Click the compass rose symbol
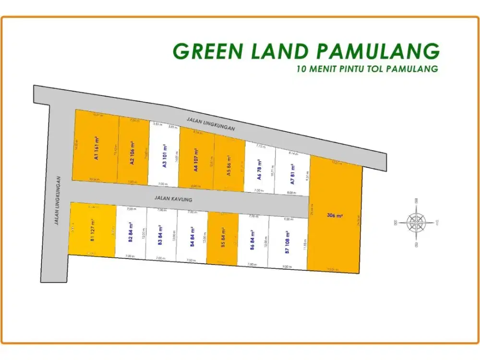point(416,222)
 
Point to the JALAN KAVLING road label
point(170,198)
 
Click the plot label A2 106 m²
point(132,151)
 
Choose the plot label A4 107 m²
point(196,160)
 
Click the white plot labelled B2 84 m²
point(131,232)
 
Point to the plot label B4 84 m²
point(192,236)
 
